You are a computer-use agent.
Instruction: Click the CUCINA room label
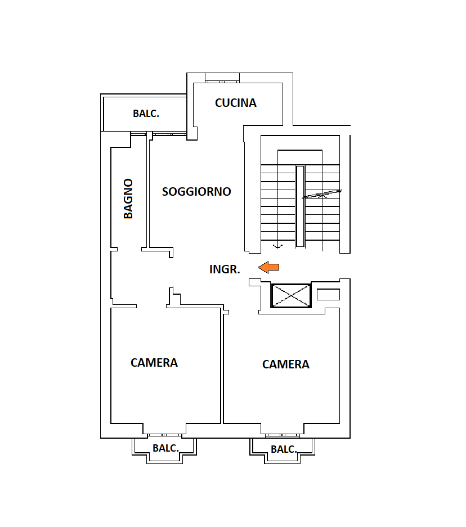(235, 103)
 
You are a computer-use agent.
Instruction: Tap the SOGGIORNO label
(196, 192)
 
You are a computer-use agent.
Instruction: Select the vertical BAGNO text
(128, 199)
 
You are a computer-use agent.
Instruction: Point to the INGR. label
(225, 269)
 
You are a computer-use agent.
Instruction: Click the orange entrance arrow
(268, 267)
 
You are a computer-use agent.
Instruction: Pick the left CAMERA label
(154, 363)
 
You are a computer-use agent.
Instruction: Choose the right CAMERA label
(285, 364)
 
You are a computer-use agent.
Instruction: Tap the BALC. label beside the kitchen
(146, 114)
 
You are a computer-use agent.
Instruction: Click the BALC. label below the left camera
(165, 448)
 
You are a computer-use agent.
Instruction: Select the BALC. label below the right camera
(284, 449)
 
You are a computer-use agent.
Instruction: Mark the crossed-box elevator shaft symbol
(291, 296)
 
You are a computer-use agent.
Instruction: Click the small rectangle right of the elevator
(328, 294)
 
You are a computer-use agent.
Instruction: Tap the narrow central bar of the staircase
(300, 206)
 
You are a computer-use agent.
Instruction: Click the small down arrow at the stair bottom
(277, 246)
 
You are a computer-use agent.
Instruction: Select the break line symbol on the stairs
(322, 194)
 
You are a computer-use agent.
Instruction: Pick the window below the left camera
(164, 435)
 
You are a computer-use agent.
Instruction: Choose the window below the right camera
(283, 435)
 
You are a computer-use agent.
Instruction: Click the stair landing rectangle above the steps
(300, 157)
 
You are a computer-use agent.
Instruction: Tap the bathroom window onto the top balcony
(138, 134)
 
